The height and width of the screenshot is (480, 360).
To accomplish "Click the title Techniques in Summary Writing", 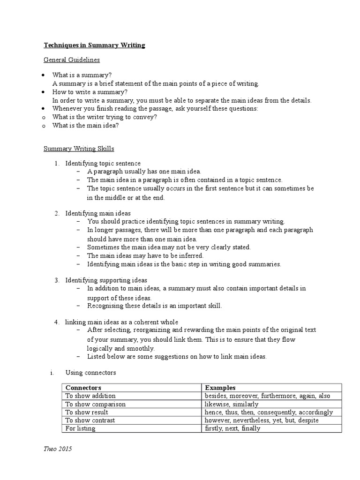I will [94, 45].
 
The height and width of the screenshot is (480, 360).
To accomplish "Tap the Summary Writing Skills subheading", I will [79, 149].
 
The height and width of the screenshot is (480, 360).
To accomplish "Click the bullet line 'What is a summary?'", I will [82, 75].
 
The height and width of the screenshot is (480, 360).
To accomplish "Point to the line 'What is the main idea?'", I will [85, 126].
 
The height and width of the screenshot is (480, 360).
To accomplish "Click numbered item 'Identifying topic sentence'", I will [103, 164].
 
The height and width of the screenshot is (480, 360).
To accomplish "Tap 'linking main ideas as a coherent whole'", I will [121, 322].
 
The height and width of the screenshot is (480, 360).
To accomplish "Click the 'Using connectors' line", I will [90, 373].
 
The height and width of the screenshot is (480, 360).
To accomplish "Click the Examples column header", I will [220, 388].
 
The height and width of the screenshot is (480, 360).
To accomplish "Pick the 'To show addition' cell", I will [90, 396].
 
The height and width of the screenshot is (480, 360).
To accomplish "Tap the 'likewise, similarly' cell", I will [232, 404].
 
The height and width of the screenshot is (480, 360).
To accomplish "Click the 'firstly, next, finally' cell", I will [232, 428].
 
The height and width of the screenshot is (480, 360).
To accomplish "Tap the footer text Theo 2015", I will [58, 449].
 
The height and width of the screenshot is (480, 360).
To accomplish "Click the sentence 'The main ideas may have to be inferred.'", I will [145, 256].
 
